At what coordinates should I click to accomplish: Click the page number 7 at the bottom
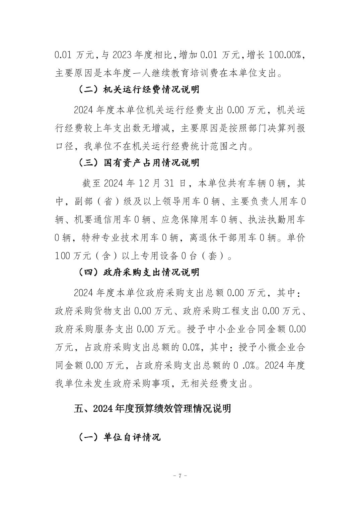point(180,476)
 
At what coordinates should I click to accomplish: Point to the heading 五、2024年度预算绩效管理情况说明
point(152,409)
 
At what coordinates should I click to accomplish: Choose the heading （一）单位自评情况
point(119,437)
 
